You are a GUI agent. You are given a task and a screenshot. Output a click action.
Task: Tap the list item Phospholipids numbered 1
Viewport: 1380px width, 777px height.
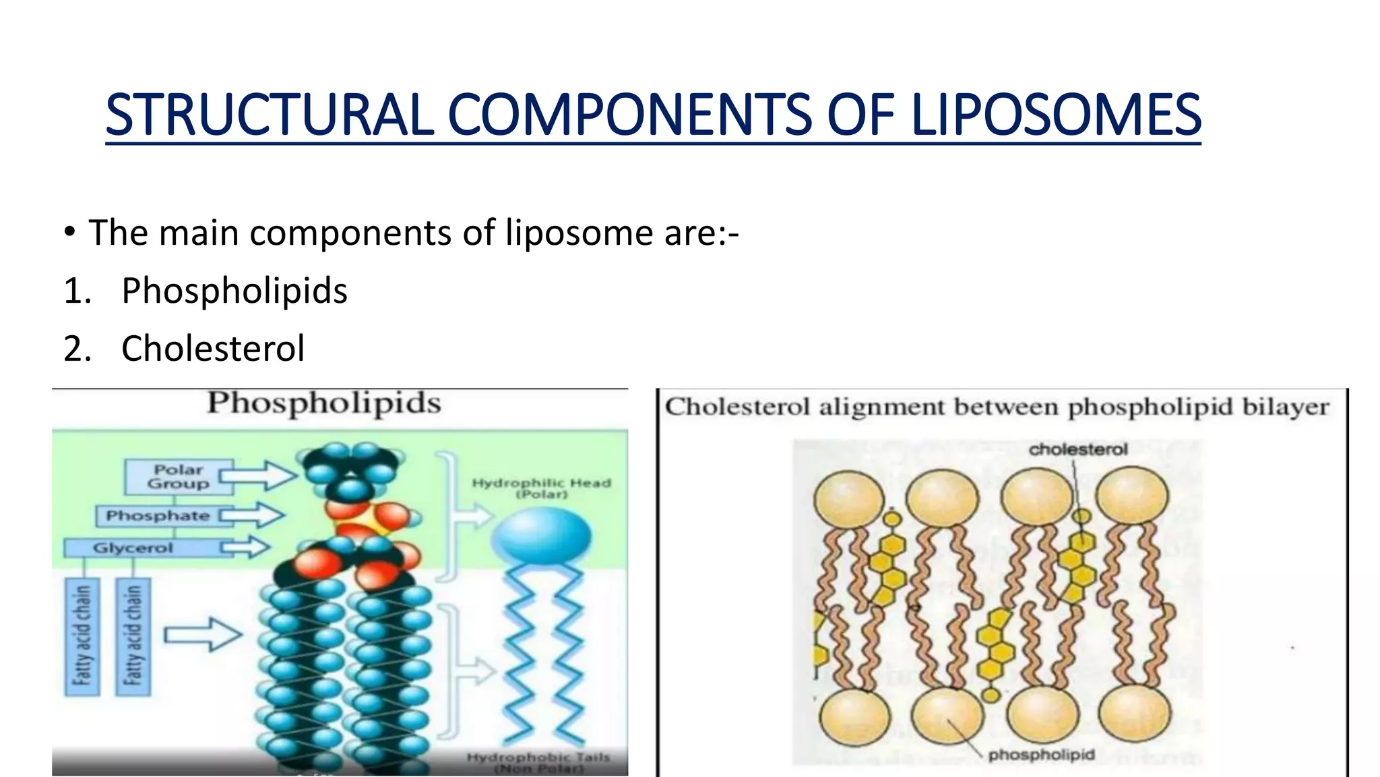[x=234, y=291]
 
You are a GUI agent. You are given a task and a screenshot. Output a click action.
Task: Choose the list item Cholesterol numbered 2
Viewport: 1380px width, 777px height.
[x=213, y=349]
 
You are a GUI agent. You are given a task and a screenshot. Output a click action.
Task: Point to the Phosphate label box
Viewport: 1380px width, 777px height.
[x=158, y=516]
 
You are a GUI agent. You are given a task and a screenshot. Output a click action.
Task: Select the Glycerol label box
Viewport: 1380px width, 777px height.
[x=133, y=548]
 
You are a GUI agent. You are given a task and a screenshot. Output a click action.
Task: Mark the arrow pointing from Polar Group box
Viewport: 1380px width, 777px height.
[x=259, y=476]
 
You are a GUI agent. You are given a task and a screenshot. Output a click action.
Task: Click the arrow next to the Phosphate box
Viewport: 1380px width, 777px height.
[x=251, y=516]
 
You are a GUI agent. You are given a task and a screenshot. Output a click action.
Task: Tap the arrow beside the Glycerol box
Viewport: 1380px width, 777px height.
[x=247, y=547]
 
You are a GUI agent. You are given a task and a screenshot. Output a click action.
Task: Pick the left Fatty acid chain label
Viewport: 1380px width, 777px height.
[x=82, y=636]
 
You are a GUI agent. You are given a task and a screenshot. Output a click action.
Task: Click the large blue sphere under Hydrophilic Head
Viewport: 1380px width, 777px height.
[x=541, y=536]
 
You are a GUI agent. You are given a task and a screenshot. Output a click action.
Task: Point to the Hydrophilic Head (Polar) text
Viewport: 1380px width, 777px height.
[x=541, y=488]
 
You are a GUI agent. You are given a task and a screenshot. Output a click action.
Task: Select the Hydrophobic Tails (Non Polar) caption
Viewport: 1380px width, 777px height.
[x=538, y=763]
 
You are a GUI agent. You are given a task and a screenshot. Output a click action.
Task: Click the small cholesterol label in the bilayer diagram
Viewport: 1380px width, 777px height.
[x=1077, y=450]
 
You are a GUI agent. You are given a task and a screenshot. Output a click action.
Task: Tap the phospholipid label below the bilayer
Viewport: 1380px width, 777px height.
[x=1041, y=755]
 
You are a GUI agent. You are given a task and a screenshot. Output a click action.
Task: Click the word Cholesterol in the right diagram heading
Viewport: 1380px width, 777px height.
[x=736, y=407]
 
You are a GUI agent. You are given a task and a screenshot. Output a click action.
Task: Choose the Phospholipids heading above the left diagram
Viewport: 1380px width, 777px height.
[x=323, y=403]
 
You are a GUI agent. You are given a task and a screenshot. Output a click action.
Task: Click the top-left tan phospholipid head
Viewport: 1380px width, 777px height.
[x=848, y=498]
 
